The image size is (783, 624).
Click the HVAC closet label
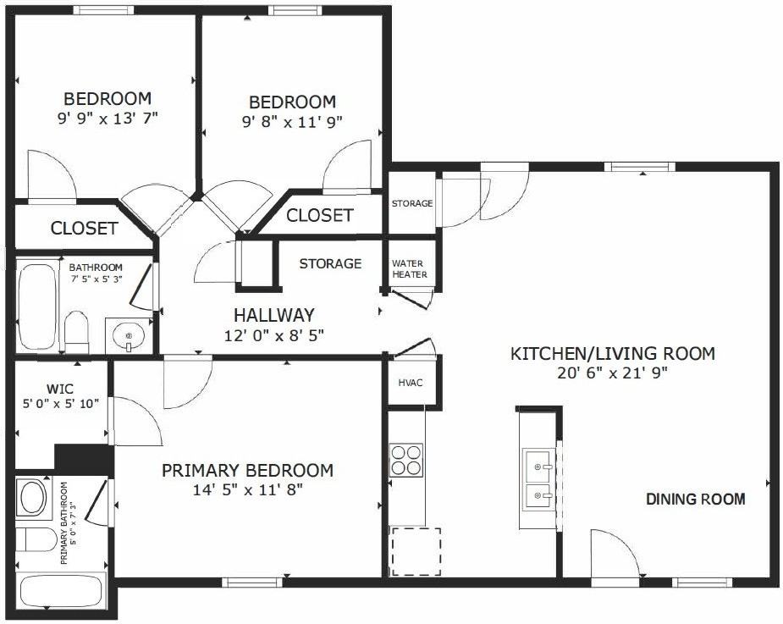click(x=411, y=382)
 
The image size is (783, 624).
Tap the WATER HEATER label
click(x=409, y=268)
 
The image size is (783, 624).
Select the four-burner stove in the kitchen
click(x=406, y=460)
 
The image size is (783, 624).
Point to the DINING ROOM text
click(x=696, y=499)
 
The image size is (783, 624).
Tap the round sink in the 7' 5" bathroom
click(x=129, y=336)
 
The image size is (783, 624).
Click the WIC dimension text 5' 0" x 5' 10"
click(x=61, y=404)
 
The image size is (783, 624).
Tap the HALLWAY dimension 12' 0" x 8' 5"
click(x=274, y=334)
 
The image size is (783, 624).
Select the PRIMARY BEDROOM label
click(x=247, y=470)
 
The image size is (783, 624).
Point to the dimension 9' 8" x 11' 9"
click(x=291, y=121)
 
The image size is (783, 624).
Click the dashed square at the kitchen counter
click(x=414, y=550)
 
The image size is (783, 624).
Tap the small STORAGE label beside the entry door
click(x=412, y=203)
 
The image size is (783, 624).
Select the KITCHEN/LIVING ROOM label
click(x=613, y=353)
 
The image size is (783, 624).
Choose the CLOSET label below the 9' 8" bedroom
click(x=319, y=215)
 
